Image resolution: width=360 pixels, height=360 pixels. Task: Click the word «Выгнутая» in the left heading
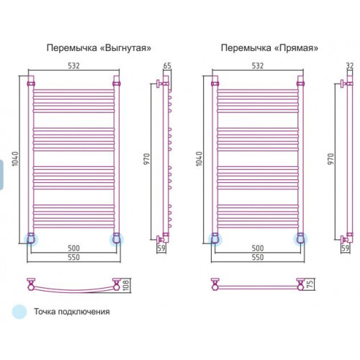125,48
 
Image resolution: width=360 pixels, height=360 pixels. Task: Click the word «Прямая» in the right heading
296,48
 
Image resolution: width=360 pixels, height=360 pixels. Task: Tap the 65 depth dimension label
167,66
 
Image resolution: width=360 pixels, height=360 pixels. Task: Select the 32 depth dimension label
350,66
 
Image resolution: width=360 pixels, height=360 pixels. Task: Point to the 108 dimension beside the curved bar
126,285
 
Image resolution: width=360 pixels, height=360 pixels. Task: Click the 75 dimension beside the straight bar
310,284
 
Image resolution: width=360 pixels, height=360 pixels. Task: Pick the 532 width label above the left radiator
73,66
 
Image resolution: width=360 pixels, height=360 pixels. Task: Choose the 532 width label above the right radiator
258,66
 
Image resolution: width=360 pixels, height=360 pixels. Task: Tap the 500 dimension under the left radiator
73,248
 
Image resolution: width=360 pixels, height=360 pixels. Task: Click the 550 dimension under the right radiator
258,257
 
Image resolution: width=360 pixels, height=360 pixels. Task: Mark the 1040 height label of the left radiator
15,158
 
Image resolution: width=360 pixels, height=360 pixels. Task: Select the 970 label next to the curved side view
146,158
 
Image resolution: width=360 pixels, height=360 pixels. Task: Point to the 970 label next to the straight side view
330,158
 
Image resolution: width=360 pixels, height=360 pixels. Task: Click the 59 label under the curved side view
161,248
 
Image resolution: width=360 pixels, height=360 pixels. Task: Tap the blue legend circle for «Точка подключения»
19,312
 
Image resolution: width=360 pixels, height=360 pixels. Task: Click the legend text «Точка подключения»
72,312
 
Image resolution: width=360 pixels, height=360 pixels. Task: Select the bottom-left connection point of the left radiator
31,240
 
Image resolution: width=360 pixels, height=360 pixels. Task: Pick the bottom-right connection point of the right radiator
300,240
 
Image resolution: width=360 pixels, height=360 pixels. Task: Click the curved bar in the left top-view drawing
73,291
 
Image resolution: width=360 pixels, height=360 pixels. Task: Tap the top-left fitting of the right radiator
215,84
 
